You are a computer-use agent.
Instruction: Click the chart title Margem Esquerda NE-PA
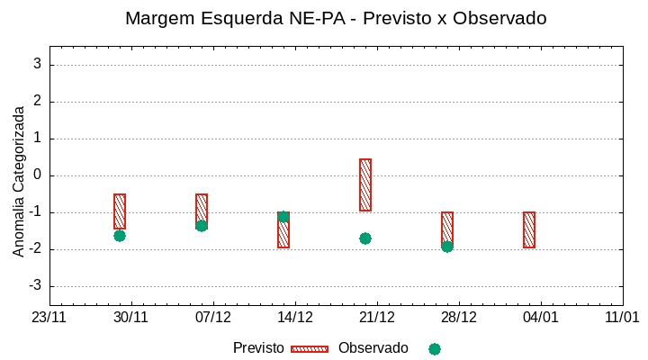[336, 18]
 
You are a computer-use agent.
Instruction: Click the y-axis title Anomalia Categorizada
[19, 181]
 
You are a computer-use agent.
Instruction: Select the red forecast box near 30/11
[120, 211]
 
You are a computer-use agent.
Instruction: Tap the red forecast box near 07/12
[202, 209]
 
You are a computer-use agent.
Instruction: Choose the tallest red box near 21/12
[365, 184]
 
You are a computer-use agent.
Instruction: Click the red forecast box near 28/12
[447, 229]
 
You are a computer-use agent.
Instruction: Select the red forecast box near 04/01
[529, 229]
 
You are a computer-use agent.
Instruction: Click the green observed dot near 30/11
[120, 236]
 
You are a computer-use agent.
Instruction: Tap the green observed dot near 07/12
[202, 226]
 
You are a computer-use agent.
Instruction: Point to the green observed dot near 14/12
[283, 217]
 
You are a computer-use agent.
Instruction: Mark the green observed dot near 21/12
[365, 238]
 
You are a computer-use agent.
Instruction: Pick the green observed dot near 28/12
[447, 247]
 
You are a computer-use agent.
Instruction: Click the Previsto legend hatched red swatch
[310, 348]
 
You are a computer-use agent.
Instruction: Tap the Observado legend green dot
[435, 349]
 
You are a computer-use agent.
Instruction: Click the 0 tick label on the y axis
[38, 175]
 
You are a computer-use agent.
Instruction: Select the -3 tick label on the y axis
[35, 286]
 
